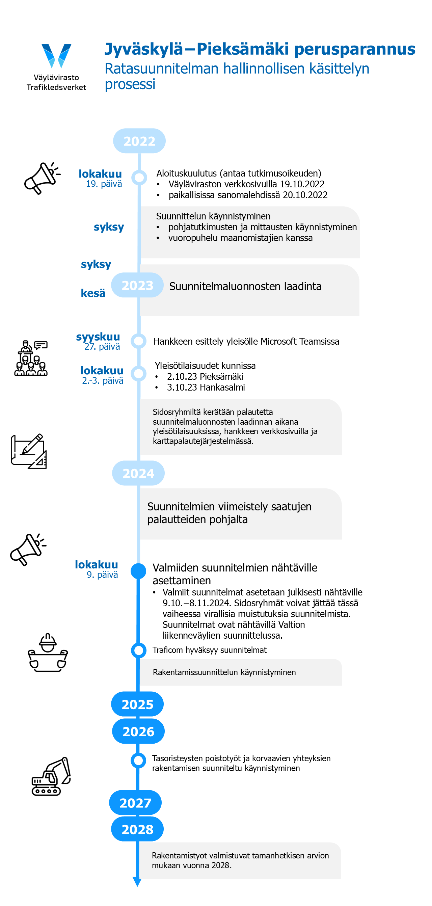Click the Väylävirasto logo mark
coord(56,56)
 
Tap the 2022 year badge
coord(139,141)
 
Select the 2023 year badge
coord(137,285)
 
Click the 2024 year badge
coord(138,473)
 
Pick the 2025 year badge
coord(137,704)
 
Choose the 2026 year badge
coord(138,731)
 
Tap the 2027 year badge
coord(135,803)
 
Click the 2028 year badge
coord(137,829)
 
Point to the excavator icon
coord(51,776)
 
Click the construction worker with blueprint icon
coord(48,652)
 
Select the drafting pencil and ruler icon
coord(29,451)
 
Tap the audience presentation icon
coord(31,358)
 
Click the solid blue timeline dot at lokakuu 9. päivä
coord(138,571)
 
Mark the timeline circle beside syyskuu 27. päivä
coord(139,341)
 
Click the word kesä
coord(93,293)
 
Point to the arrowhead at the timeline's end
coord(137,882)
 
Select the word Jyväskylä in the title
coord(144,49)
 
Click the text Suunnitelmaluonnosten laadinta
coord(245,286)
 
